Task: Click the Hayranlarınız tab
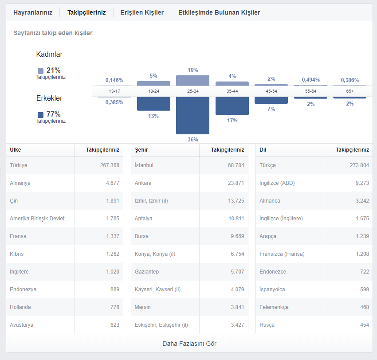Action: (33, 12)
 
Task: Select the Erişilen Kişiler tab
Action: (142, 12)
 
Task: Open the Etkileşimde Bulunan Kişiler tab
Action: (219, 12)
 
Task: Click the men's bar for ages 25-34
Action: (192, 115)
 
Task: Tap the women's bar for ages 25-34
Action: (192, 81)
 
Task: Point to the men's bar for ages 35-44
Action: (232, 106)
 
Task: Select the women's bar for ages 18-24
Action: (153, 83)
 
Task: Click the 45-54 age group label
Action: (271, 91)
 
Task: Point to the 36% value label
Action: (193, 140)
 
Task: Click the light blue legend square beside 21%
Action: (41, 71)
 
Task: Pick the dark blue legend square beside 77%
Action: (41, 115)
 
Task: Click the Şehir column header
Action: (141, 150)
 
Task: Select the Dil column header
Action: (263, 150)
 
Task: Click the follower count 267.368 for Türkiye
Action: (110, 165)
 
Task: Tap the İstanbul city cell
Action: (144, 165)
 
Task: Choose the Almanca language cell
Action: (270, 201)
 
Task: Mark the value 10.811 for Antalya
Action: (236, 219)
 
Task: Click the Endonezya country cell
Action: (23, 290)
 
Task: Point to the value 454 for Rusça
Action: (365, 325)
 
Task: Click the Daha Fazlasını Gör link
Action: (189, 344)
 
